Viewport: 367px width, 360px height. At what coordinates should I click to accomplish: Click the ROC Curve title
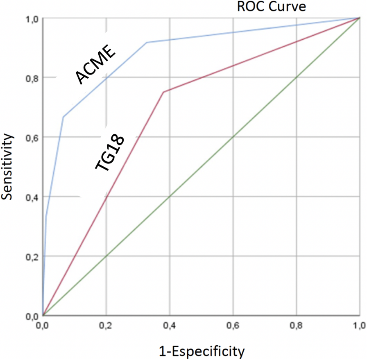click(x=272, y=7)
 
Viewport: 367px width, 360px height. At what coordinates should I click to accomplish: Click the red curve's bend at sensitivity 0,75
click(x=163, y=92)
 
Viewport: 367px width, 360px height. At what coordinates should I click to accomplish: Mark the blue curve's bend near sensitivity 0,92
click(x=147, y=42)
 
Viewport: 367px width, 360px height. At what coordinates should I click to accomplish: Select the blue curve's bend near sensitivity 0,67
click(x=63, y=117)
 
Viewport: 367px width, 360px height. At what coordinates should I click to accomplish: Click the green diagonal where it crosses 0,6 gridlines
click(x=233, y=137)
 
